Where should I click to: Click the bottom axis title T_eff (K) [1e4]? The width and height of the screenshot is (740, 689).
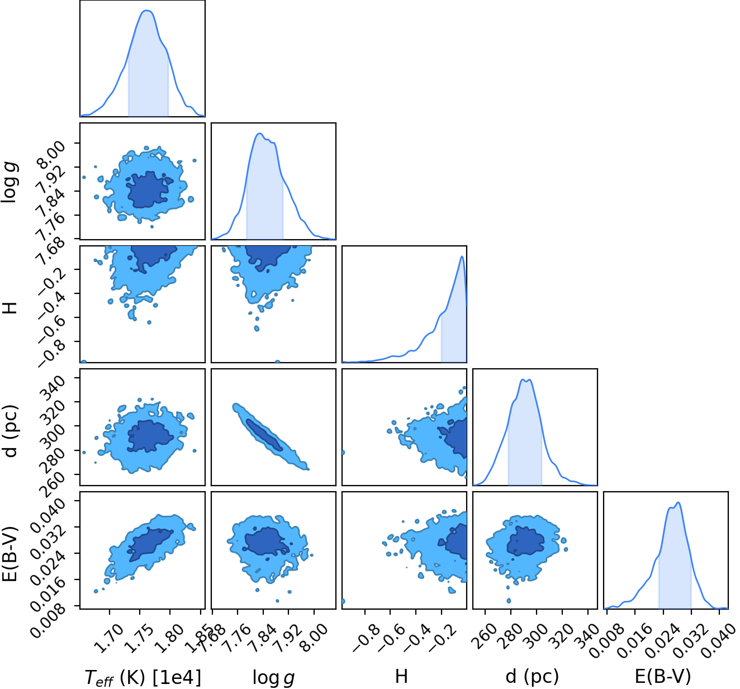(143, 677)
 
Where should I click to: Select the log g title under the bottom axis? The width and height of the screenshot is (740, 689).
(273, 678)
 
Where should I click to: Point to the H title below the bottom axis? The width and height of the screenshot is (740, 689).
(401, 676)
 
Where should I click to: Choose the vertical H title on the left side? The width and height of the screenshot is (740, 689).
(10, 308)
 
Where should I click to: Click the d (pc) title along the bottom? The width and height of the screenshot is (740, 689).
(533, 677)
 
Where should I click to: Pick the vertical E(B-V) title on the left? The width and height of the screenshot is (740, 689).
(10, 554)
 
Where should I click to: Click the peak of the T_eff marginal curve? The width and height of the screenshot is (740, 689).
(147, 11)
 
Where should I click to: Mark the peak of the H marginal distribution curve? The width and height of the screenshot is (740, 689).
(462, 256)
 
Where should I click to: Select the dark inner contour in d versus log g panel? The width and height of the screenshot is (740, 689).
(264, 435)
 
